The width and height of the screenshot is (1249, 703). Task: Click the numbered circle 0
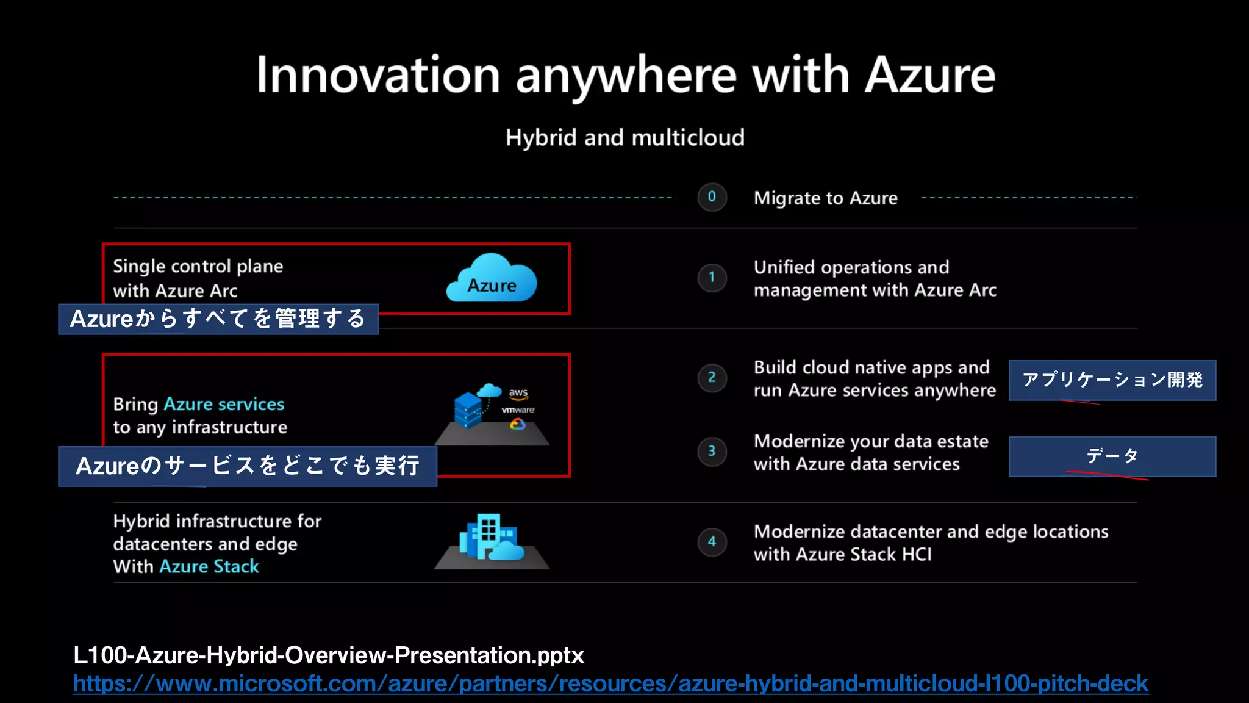pyautogui.click(x=712, y=197)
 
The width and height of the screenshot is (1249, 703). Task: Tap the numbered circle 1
pyautogui.click(x=712, y=278)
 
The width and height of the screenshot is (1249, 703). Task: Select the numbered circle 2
pyautogui.click(x=712, y=378)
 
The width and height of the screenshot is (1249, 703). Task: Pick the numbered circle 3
pyautogui.click(x=712, y=452)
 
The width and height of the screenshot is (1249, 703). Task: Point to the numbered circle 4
pyautogui.click(x=712, y=542)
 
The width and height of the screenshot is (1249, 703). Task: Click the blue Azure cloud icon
pyautogui.click(x=492, y=279)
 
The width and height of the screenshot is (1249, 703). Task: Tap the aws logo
pyautogui.click(x=518, y=394)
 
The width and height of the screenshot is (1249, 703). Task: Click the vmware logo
pyautogui.click(x=518, y=410)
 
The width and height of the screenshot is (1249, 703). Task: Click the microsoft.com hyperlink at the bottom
pyautogui.click(x=610, y=683)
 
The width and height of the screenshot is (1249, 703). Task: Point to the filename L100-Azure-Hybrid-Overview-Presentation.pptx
pyautogui.click(x=329, y=655)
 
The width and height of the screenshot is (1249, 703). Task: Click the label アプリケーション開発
pyautogui.click(x=1112, y=380)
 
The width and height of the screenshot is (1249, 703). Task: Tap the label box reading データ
pyautogui.click(x=1112, y=456)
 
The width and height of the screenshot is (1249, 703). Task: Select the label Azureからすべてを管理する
pyautogui.click(x=218, y=319)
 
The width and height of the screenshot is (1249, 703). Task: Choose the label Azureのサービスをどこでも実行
pyautogui.click(x=248, y=466)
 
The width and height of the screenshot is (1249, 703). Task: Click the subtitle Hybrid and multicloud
pyautogui.click(x=625, y=138)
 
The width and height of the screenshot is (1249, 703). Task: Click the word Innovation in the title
pyautogui.click(x=378, y=75)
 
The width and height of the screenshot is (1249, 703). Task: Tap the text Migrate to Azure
pyautogui.click(x=826, y=198)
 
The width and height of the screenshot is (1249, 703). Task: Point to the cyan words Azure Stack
pyautogui.click(x=209, y=567)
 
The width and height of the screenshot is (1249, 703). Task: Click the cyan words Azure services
pyautogui.click(x=224, y=405)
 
